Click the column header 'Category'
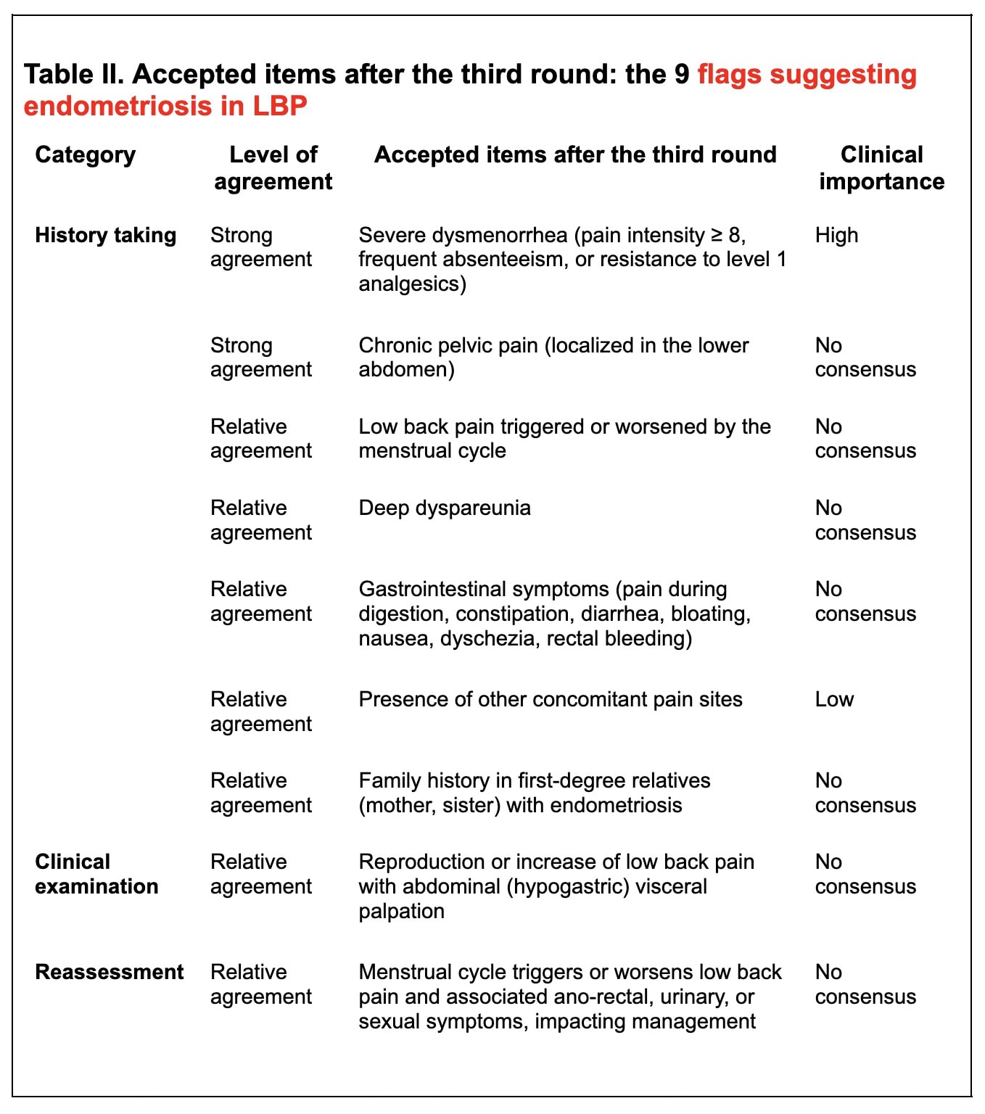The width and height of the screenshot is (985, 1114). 85,154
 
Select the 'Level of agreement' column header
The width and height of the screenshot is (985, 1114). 273,168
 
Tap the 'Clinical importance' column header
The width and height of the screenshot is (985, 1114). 881,168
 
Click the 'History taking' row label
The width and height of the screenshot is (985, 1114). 105,235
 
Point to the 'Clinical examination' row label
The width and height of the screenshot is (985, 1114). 96,874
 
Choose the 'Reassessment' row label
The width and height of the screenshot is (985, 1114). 109,972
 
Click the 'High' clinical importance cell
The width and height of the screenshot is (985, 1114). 836,235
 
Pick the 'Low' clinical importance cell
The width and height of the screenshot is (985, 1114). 834,699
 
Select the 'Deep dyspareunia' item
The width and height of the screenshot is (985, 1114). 444,508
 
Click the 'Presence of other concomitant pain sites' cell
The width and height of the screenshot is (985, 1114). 550,699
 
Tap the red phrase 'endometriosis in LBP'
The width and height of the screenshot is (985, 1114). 165,106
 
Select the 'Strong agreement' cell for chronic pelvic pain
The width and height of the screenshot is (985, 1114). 260,357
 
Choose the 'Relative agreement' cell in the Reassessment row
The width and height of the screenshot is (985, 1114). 260,984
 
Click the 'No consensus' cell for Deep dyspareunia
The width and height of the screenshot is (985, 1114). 865,520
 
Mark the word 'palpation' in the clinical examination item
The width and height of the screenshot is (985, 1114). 401,911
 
